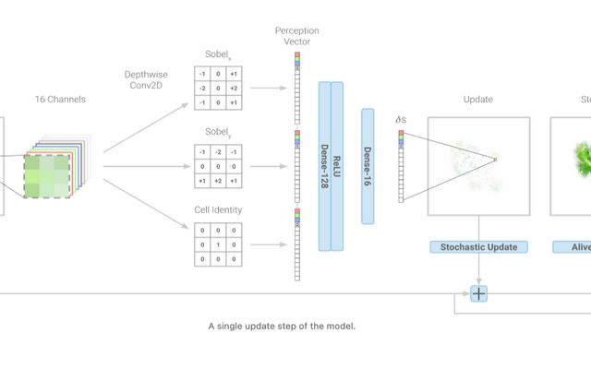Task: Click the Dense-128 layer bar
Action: (x=324, y=166)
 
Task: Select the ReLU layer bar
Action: (x=337, y=166)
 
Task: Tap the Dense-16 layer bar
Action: (x=367, y=153)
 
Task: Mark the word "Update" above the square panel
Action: (x=478, y=100)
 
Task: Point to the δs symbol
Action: (x=400, y=119)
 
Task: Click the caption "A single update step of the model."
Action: (x=282, y=326)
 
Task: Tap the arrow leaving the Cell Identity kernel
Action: (x=267, y=220)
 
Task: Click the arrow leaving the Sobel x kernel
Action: (x=267, y=89)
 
